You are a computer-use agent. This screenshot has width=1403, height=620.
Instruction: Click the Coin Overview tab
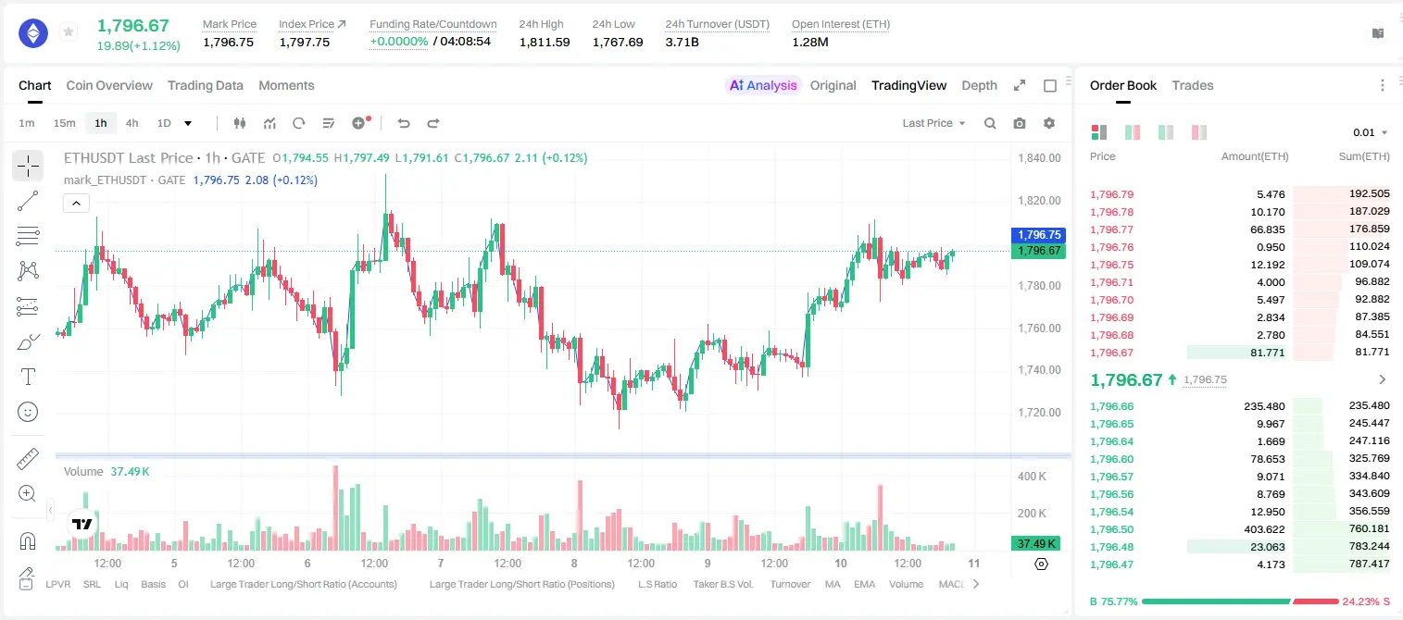109,85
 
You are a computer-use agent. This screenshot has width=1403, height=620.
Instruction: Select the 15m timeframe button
65,123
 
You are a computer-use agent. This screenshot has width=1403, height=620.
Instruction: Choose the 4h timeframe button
132,123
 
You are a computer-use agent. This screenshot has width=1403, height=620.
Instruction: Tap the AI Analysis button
763,85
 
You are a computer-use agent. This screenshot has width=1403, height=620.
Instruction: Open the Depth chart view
979,85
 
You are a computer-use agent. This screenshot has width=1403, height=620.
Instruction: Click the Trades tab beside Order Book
1193,85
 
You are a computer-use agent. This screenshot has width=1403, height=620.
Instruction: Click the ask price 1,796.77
1112,229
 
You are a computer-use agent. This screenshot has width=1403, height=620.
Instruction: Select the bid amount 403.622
1264,529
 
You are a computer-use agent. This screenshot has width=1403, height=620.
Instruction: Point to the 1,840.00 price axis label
1039,158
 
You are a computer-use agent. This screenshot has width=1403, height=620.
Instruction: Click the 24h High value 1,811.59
545,42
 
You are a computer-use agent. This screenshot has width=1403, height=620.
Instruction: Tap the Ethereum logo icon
33,33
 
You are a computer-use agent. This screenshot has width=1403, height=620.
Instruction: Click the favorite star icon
69,31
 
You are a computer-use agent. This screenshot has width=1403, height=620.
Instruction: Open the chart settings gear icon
1049,123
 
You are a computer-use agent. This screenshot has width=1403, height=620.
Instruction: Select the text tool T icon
28,377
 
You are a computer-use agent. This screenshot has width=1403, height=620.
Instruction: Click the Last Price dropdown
933,123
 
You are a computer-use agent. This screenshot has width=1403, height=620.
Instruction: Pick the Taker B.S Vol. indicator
722,584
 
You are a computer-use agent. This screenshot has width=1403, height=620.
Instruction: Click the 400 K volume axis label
1032,477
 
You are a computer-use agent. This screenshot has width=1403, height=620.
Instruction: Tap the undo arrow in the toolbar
404,123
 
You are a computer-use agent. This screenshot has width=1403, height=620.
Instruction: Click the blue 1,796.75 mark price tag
1038,235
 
